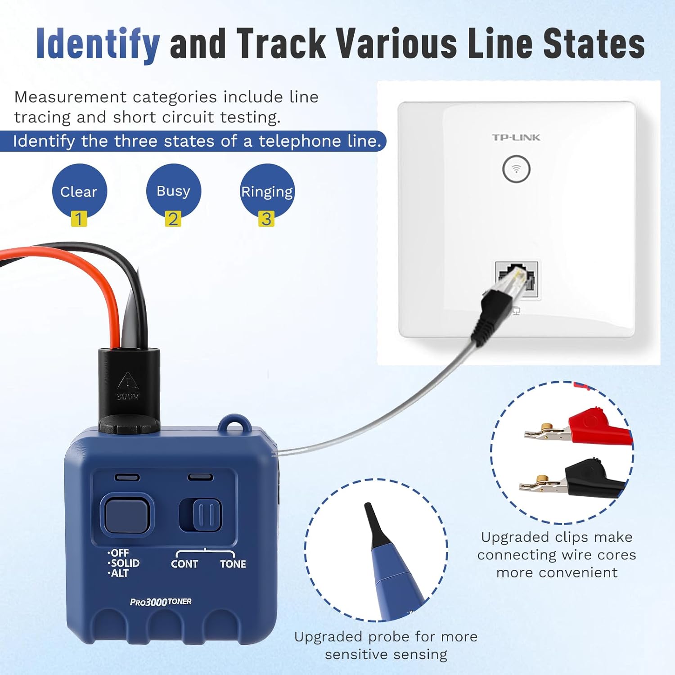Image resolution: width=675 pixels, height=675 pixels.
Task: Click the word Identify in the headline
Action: (98, 44)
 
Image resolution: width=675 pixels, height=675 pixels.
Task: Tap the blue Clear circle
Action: (79, 190)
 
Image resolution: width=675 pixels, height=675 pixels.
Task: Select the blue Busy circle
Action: (173, 189)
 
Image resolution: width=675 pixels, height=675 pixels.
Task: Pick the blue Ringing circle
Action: (267, 190)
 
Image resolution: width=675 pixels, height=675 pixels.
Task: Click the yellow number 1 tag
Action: (79, 219)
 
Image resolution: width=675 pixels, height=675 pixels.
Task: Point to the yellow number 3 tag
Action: (266, 219)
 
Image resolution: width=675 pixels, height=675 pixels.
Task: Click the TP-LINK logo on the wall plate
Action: (516, 137)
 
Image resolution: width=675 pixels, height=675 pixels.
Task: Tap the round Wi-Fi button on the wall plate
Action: (516, 169)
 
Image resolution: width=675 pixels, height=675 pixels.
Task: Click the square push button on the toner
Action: (126, 515)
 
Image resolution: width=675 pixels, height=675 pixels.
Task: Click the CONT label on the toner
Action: (184, 564)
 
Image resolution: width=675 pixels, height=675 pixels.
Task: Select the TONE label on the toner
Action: (233, 564)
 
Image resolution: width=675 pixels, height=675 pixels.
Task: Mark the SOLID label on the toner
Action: (125, 563)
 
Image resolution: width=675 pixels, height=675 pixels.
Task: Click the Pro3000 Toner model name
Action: (161, 602)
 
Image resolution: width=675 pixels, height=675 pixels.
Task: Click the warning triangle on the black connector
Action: (128, 381)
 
